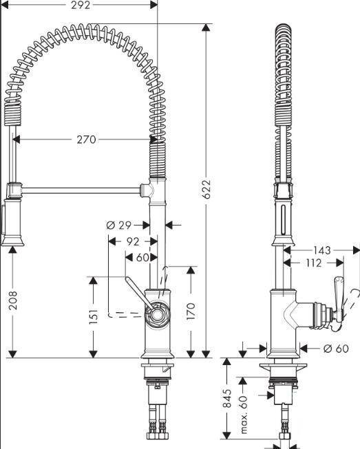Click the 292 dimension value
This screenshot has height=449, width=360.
tap(81, 5)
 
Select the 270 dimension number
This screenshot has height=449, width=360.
tap(86, 140)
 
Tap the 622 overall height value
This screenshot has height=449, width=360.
tap(207, 189)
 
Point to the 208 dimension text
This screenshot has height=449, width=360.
tap(13, 300)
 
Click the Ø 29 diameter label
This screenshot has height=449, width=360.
tap(118, 226)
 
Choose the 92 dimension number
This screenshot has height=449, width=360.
tap(133, 241)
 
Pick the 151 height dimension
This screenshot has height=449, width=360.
tap(94, 316)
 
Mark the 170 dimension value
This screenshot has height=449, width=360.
tap(190, 311)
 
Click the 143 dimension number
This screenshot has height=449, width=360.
tap(321, 250)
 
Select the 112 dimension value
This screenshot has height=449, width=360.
tap(314, 263)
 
